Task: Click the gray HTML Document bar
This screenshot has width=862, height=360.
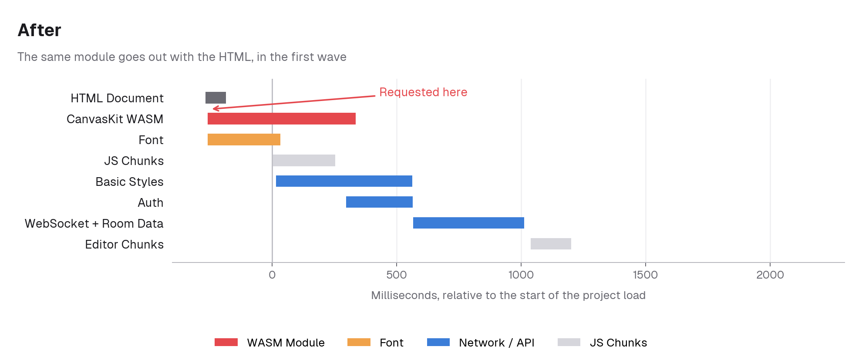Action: [215, 98]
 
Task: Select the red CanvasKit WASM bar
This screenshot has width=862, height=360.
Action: [282, 119]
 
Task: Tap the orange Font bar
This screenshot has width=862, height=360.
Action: [244, 140]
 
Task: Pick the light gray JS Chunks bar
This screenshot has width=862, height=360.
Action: [304, 161]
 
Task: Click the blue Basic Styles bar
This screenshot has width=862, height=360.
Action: [344, 181]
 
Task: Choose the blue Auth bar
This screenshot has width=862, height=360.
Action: [379, 202]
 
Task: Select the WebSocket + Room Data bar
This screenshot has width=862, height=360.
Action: [468, 223]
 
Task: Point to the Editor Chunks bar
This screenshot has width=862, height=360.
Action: [551, 244]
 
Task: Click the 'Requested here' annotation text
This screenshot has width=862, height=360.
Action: [423, 92]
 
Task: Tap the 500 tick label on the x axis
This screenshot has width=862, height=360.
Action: [397, 275]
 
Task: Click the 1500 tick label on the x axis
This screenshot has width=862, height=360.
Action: [646, 275]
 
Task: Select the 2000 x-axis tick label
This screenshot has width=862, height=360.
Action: [770, 275]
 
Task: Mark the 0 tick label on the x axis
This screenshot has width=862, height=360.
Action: [272, 275]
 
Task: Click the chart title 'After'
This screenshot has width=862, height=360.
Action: [40, 30]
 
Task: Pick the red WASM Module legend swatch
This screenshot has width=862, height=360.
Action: [226, 342]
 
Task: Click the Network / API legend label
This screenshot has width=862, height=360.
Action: [497, 343]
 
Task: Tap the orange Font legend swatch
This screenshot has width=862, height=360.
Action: [359, 342]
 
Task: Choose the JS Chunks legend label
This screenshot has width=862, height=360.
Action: [618, 343]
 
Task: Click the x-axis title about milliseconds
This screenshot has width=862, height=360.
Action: [508, 295]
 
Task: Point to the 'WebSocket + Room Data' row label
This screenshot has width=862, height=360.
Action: [94, 223]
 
